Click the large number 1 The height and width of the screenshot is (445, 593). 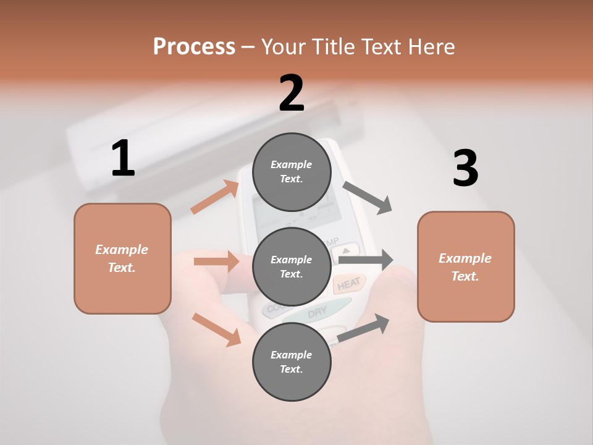tap(123, 158)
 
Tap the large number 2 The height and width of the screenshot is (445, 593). tap(292, 93)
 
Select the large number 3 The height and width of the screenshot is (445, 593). tap(466, 169)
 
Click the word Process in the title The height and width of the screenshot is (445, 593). tap(194, 46)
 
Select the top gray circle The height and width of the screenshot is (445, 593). tap(292, 172)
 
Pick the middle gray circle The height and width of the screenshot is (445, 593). tap(292, 267)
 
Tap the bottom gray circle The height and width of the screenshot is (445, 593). tap(292, 362)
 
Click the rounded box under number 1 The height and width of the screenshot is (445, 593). tap(122, 258)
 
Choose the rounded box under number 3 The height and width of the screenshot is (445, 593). tap(466, 267)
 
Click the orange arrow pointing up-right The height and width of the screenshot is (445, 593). tap(215, 197)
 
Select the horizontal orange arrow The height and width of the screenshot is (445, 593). tap(216, 261)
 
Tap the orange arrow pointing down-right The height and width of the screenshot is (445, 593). tap(216, 329)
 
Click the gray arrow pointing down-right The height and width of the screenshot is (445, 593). tap(368, 197)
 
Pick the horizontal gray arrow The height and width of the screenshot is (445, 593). tap(366, 260)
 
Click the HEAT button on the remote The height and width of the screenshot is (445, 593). tap(348, 284)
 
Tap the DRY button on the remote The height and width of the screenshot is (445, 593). tap(317, 313)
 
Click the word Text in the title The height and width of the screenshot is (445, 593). tap(383, 46)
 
